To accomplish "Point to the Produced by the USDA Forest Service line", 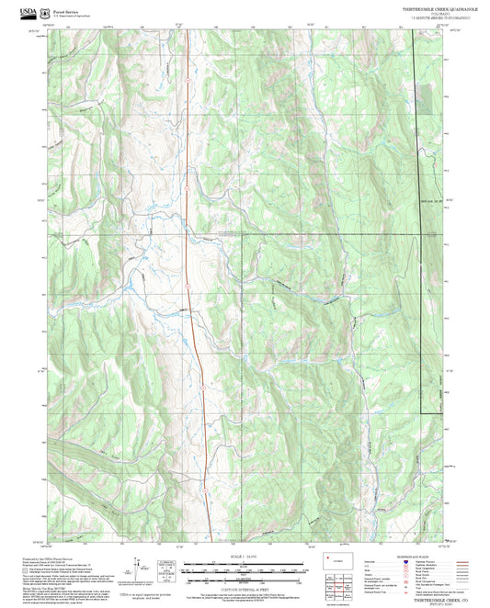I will pyautogui.click(x=41, y=557).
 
